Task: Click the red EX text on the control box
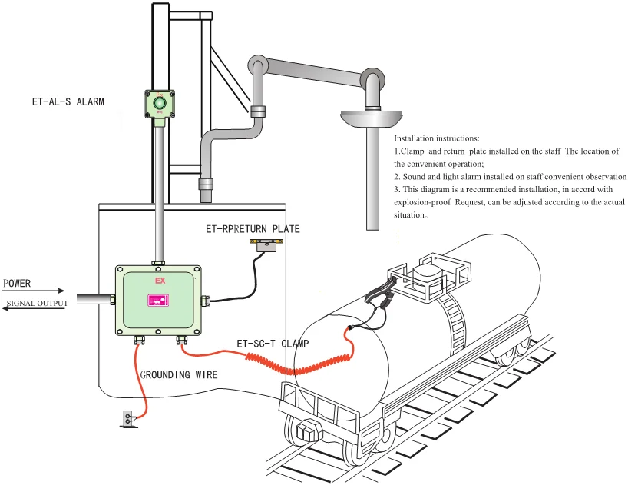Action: pos(160,281)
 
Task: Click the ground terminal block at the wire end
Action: pos(127,419)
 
